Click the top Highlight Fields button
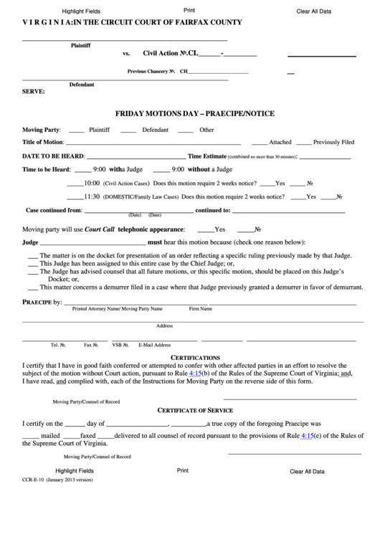tap(81, 12)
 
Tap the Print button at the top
tap(189, 11)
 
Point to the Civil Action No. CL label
tap(169, 53)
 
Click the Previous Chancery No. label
tap(151, 72)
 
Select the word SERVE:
tap(34, 92)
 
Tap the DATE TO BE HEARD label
tap(53, 156)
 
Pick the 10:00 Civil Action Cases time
tap(92, 183)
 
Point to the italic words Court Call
tap(100, 229)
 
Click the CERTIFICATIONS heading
tap(195, 357)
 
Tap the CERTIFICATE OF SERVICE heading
tap(195, 410)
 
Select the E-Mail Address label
tap(156, 345)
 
